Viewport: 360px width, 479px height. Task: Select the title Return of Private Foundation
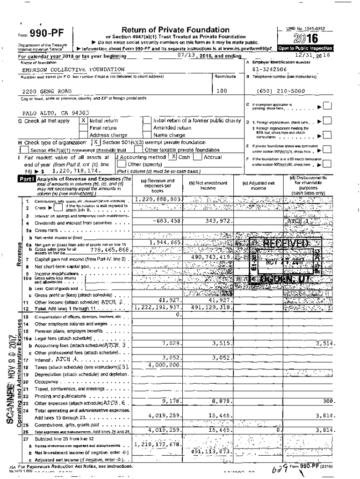[175, 30]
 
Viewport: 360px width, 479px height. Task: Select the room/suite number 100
[222, 91]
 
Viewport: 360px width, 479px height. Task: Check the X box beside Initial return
[84, 121]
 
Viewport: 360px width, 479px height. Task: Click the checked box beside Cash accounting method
[173, 157]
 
